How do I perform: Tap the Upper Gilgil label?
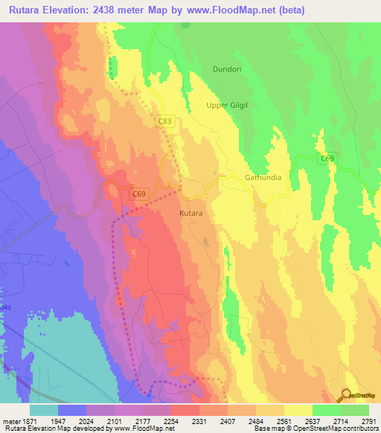point(228,106)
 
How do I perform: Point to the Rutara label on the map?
point(191,213)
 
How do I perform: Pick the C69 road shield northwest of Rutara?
point(138,194)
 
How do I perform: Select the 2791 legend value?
point(369,420)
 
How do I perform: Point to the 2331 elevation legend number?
point(199,420)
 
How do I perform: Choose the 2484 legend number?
point(256,420)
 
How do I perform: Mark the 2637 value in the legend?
point(313,420)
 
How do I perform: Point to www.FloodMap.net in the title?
point(232,10)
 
